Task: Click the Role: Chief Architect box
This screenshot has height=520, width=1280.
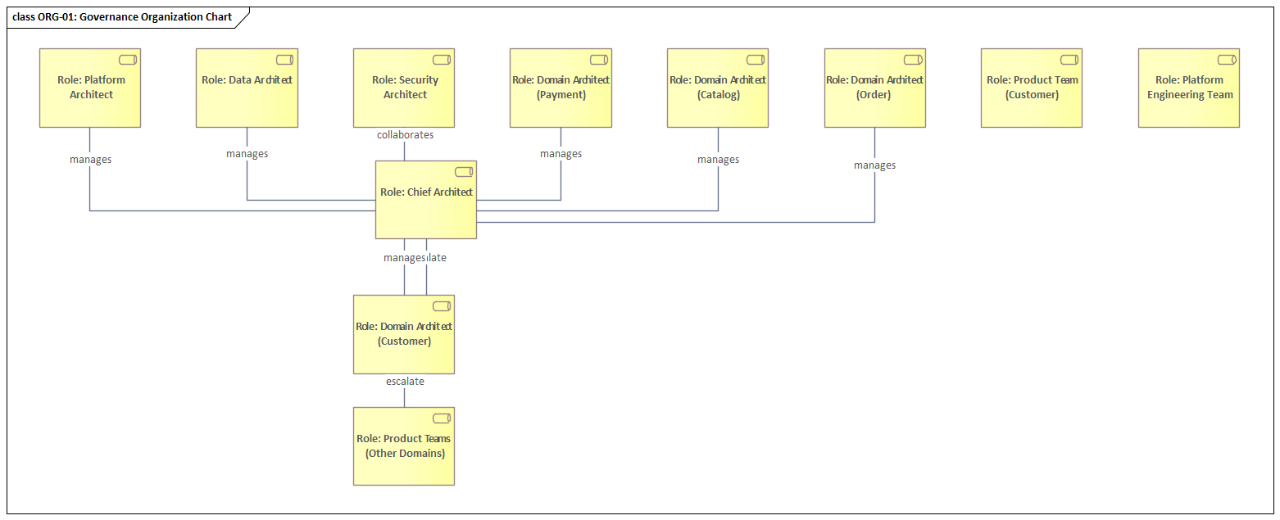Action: [425, 200]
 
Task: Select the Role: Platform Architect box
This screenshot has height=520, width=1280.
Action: [90, 88]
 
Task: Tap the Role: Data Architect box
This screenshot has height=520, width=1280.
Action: [247, 88]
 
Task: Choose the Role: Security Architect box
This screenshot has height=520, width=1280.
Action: [404, 88]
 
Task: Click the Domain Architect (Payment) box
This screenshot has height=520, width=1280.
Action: [561, 88]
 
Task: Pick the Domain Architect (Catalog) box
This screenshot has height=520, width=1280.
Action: [718, 88]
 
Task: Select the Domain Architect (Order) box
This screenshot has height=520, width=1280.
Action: [874, 88]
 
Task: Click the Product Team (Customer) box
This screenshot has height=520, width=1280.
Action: [1032, 88]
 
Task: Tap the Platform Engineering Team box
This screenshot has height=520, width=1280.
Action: [1189, 88]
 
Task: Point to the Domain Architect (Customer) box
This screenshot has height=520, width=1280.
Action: [404, 334]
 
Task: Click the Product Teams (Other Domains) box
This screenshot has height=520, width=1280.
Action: [404, 446]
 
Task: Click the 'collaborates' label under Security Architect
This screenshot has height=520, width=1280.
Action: [405, 135]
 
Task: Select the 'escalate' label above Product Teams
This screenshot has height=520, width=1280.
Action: [405, 381]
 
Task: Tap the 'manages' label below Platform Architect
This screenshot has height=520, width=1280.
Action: [90, 160]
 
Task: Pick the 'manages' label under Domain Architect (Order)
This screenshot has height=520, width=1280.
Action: [874, 165]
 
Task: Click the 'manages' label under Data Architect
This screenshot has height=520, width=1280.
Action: [247, 154]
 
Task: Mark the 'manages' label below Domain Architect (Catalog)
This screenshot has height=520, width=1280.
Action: [718, 160]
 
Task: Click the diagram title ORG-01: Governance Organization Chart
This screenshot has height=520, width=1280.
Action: [122, 16]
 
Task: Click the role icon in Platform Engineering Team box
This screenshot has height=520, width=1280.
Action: [1227, 60]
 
